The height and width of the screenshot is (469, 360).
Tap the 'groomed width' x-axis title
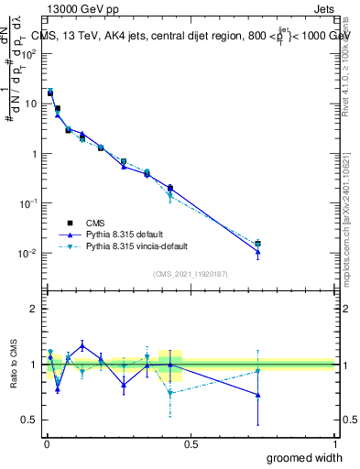[305, 458]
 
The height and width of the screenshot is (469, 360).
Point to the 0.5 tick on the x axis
[191, 444]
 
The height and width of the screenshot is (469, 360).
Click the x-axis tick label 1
[334, 444]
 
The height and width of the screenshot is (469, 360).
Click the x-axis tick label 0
[46, 444]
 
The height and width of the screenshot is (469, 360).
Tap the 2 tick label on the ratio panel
[34, 310]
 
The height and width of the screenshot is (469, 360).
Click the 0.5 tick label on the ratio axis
[30, 420]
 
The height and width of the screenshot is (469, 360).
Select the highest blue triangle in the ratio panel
[108, 345]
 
